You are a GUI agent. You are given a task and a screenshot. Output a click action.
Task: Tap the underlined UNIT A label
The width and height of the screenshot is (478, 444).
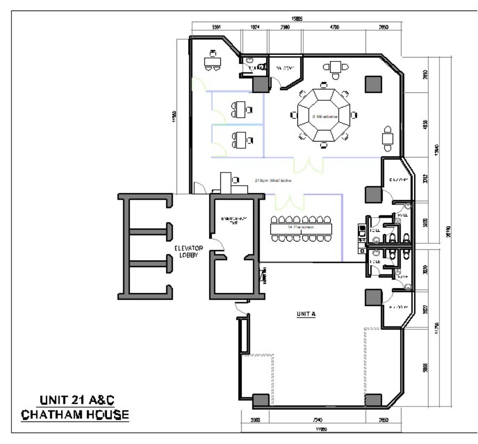305,314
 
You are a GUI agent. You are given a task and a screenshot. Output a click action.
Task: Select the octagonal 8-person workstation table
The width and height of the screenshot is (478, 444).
324,116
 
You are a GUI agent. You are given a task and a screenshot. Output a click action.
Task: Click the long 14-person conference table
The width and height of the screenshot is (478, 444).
301,228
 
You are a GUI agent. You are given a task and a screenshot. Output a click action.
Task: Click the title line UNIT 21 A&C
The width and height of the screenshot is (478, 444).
77,401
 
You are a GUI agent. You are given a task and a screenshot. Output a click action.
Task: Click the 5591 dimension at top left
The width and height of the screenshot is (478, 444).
216,27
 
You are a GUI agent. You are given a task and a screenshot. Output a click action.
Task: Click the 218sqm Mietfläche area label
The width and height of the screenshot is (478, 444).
272,180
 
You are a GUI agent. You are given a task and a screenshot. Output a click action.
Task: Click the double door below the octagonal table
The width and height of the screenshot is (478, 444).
308,165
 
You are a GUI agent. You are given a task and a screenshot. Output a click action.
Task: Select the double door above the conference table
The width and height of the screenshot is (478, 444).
289,202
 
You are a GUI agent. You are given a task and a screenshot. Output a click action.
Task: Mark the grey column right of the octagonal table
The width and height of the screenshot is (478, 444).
373,84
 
